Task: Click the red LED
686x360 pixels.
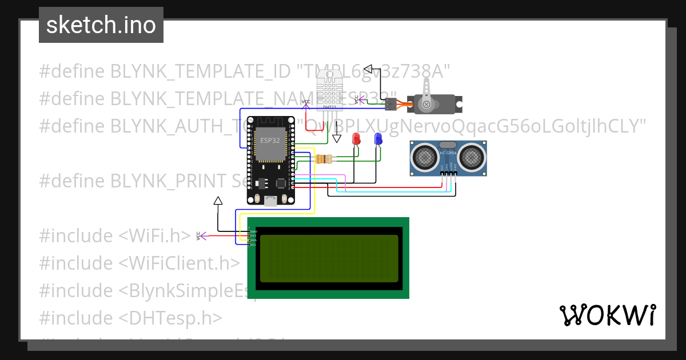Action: (356, 139)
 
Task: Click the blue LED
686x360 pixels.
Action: (378, 139)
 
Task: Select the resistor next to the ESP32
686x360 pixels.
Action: (324, 159)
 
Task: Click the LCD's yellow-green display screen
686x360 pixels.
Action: (329, 258)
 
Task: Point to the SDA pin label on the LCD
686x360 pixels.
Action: (252, 240)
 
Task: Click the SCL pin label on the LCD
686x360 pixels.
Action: (252, 245)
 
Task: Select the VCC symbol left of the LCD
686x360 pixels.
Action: (198, 235)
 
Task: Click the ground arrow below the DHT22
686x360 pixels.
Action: (337, 138)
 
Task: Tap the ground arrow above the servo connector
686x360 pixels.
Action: (368, 70)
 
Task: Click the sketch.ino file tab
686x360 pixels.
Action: (101, 25)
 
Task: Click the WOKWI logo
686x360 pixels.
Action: (607, 315)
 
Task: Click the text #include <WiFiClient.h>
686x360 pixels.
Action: (139, 263)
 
